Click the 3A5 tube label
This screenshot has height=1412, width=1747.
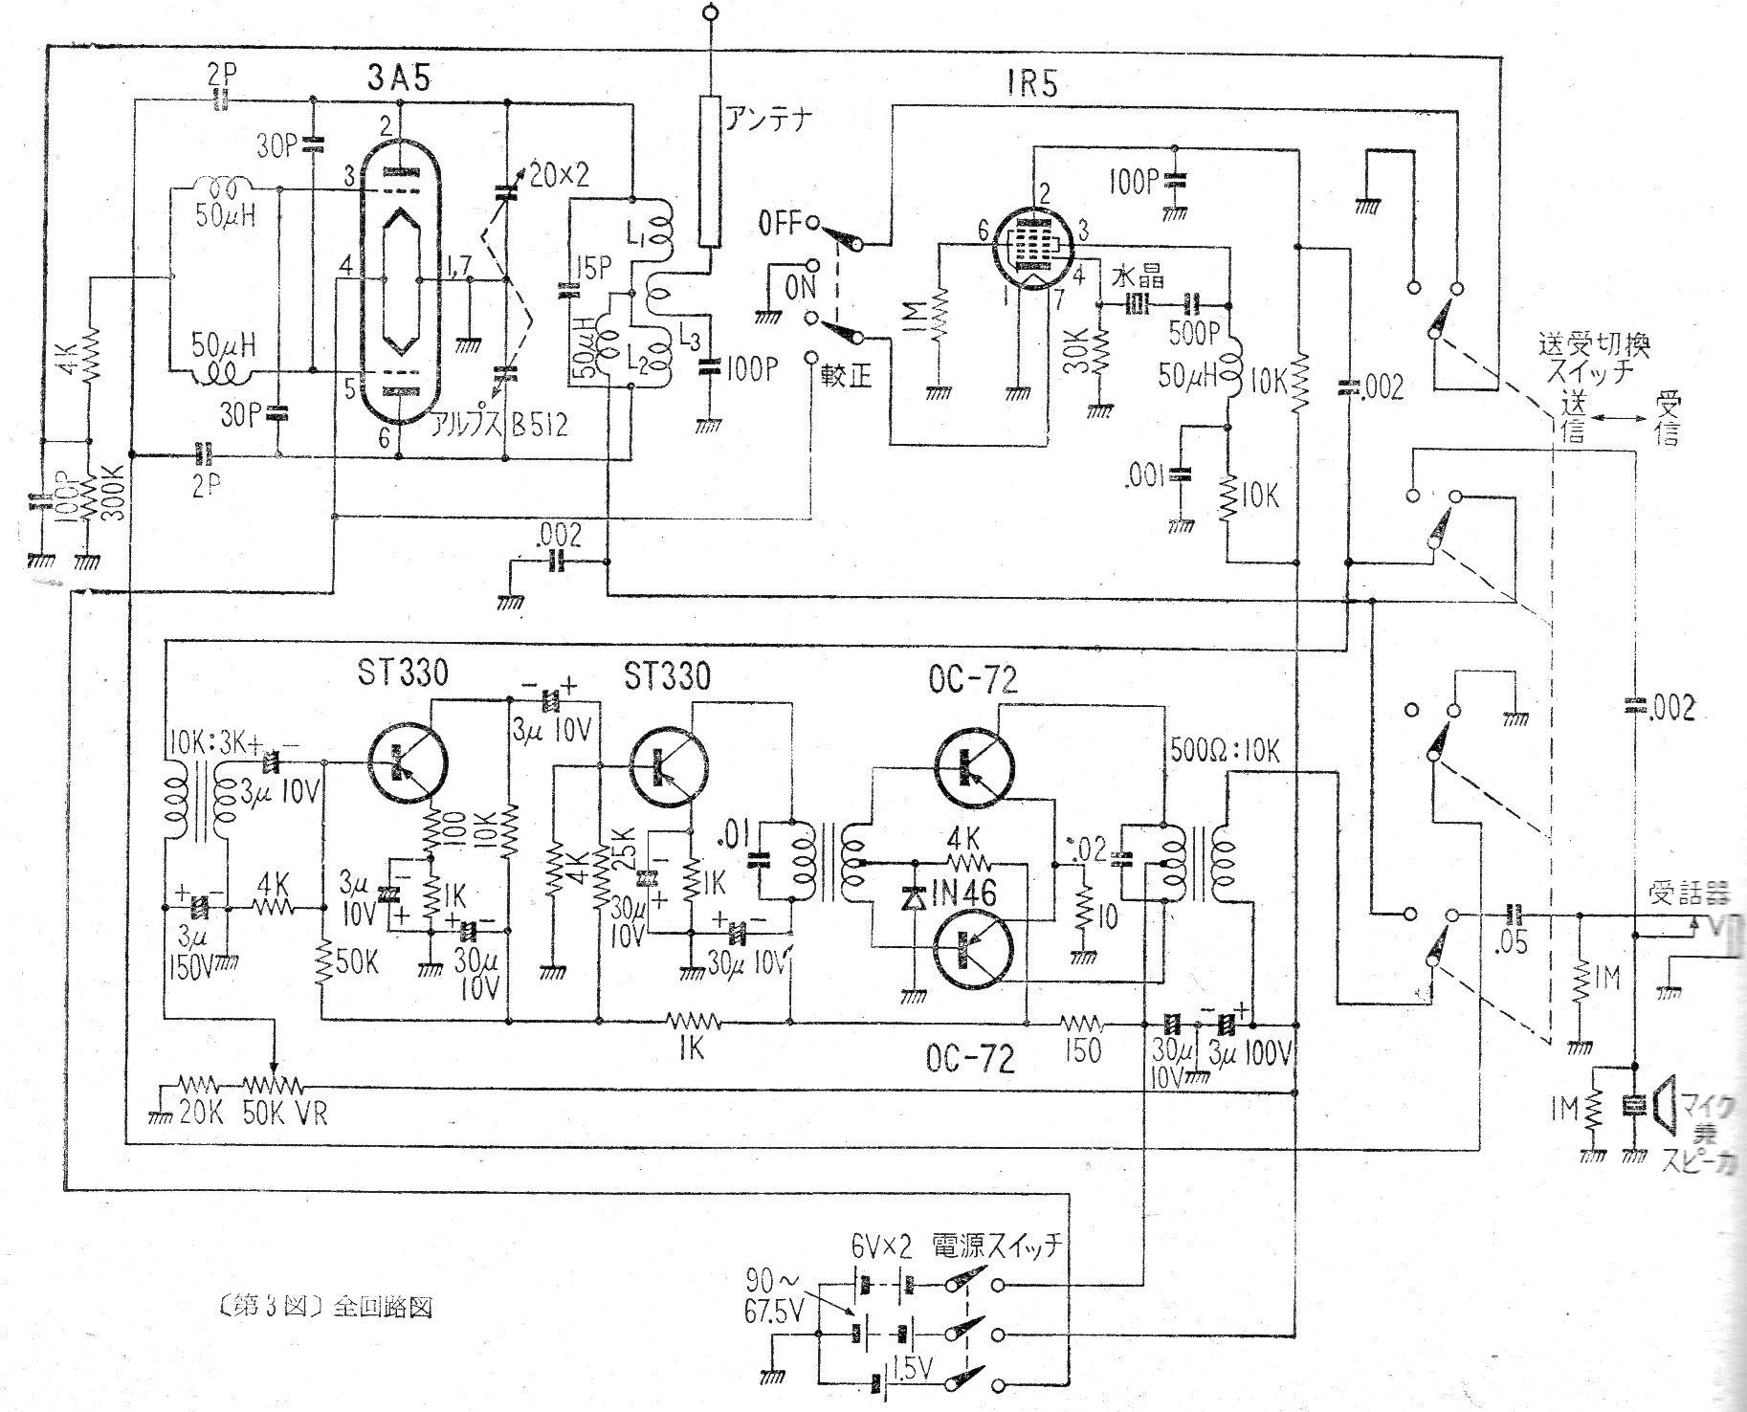click(x=398, y=79)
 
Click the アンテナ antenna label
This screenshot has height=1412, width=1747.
click(x=769, y=120)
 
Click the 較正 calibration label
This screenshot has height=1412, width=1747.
click(x=847, y=376)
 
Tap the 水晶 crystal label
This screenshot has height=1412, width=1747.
click(x=1139, y=276)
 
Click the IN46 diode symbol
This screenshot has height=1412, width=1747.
click(x=913, y=898)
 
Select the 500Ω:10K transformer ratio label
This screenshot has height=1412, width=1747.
click(x=1225, y=750)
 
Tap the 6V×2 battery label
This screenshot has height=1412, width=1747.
click(x=885, y=1245)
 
